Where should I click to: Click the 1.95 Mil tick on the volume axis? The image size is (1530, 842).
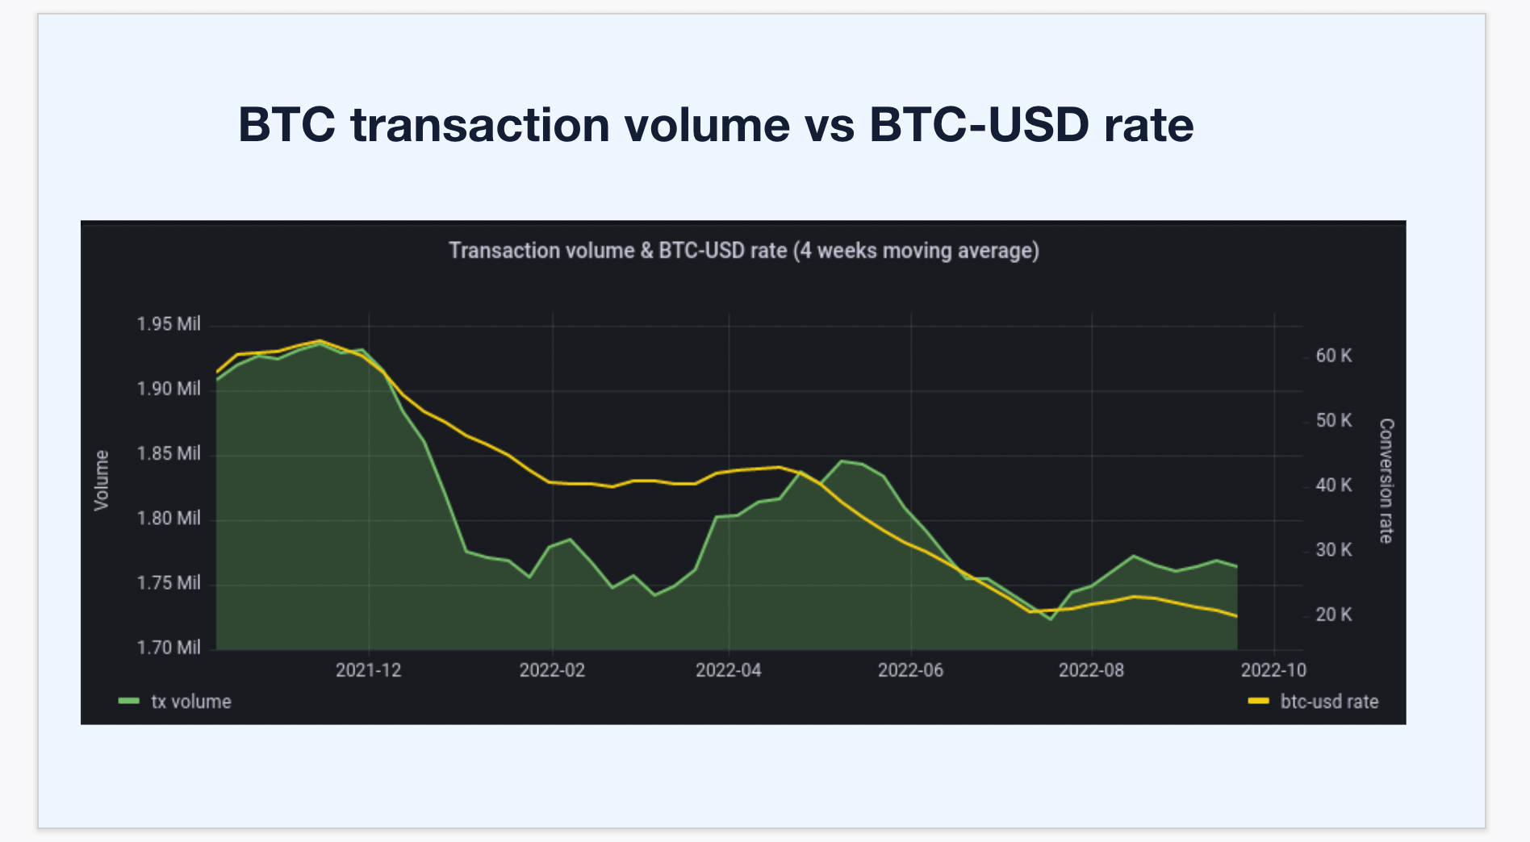[168, 324]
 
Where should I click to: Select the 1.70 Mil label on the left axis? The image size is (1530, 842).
[168, 648]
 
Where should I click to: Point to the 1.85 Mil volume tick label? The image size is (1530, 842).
[168, 453]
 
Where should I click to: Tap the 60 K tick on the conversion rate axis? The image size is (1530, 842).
[1333, 356]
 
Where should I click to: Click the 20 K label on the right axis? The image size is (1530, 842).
[1333, 615]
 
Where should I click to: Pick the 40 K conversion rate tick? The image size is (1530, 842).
[1333, 485]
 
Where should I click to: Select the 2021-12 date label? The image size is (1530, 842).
[368, 670]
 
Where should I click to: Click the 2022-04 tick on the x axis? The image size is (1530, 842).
[728, 670]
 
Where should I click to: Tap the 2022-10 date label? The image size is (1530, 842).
[1273, 670]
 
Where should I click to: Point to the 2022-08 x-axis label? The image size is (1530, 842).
[1091, 670]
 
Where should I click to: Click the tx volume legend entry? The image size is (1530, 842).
[190, 702]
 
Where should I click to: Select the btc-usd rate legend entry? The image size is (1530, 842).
[1328, 702]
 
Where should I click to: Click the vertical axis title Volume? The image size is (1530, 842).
[102, 481]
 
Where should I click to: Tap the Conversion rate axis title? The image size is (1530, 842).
[1386, 481]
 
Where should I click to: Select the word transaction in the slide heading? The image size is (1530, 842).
[479, 125]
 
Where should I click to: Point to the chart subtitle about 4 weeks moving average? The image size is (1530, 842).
[743, 251]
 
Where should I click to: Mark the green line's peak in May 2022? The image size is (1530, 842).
[842, 461]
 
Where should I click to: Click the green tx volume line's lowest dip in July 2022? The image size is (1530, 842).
[1050, 619]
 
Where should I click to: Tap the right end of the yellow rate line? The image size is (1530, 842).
[1236, 616]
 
